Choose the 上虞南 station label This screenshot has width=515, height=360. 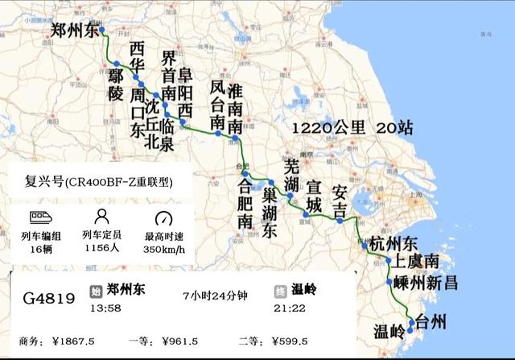(x=414, y=263)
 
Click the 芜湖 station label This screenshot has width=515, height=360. (x=292, y=176)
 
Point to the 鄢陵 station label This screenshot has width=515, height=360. (x=116, y=84)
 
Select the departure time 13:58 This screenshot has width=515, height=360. (x=105, y=308)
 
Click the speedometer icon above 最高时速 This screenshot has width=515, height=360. (x=163, y=218)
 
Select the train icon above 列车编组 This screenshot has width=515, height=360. (x=41, y=217)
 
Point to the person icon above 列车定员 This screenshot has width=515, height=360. (x=101, y=217)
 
